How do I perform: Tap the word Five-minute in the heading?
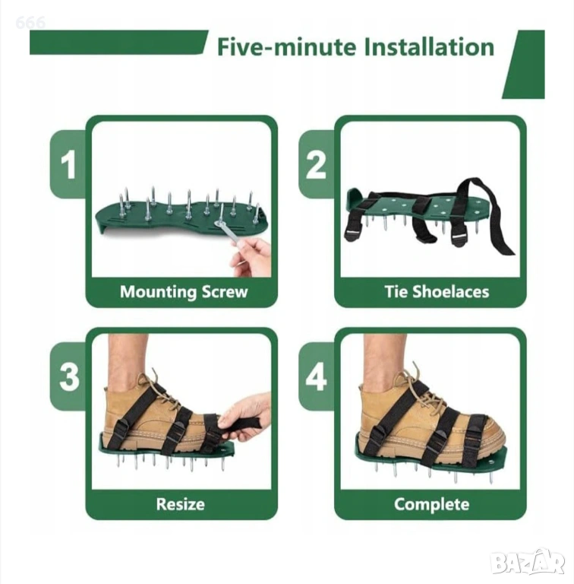286,47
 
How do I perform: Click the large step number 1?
68,164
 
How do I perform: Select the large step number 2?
316,164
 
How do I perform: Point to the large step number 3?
69,376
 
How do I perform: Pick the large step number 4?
317,376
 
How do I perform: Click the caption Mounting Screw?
184,292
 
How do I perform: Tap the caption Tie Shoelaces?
437,292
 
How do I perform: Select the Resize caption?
180,504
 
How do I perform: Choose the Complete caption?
431,505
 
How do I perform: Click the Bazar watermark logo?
528,563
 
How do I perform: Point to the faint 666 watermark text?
30,23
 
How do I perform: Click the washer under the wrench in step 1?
219,223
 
